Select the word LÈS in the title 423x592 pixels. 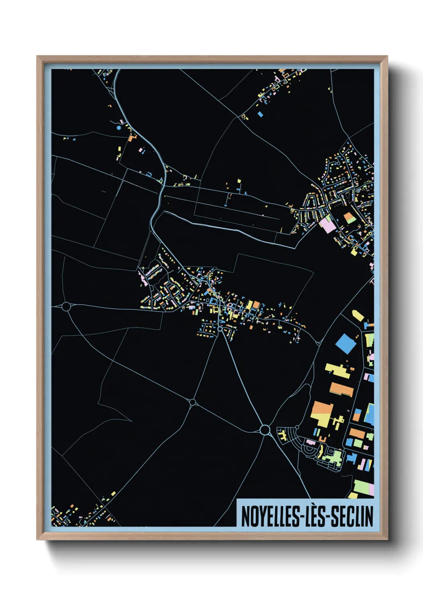(x=314, y=516)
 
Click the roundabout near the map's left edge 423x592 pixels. (x=66, y=307)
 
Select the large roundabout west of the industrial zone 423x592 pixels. (x=264, y=430)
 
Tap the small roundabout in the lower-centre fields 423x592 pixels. (x=193, y=402)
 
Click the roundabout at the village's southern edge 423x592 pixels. (x=219, y=329)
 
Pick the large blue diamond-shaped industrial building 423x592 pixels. (x=345, y=344)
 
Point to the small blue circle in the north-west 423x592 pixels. (x=119, y=128)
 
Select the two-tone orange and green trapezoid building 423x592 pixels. (x=349, y=218)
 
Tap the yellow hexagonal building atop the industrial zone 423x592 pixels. (x=358, y=315)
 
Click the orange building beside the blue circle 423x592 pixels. (x=132, y=138)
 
